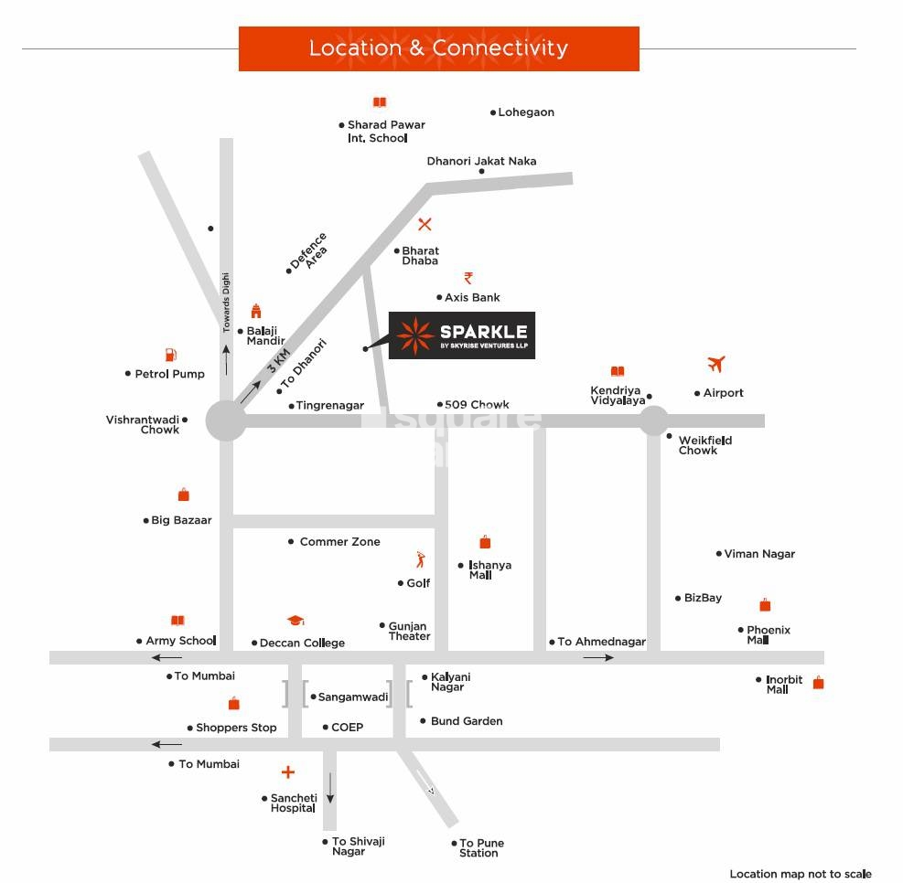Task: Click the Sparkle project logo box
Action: point(462,335)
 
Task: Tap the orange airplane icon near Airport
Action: point(716,364)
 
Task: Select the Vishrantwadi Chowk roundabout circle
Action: point(225,421)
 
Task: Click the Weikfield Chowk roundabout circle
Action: point(653,420)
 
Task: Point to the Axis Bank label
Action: point(472,297)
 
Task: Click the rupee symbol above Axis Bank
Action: point(468,277)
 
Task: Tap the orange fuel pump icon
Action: point(170,355)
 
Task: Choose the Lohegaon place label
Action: point(526,112)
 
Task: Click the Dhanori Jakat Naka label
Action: point(481,161)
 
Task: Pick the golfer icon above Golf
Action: point(420,559)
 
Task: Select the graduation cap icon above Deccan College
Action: point(295,621)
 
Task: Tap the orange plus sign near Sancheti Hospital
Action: point(288,772)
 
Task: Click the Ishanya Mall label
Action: point(489,569)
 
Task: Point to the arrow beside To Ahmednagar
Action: point(598,657)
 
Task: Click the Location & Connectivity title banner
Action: point(438,48)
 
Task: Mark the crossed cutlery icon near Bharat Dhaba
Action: point(425,224)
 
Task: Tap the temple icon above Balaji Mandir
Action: point(256,311)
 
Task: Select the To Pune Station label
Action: point(481,847)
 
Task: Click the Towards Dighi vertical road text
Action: point(227,303)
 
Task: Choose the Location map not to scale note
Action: point(800,874)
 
